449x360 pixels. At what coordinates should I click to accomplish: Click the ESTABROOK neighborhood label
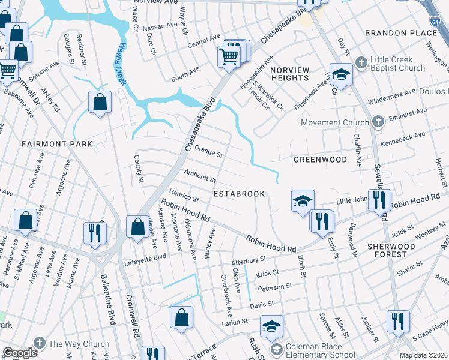(240, 194)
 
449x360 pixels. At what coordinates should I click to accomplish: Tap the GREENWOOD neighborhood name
(320, 160)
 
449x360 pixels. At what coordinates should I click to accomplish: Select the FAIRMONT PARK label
(57, 144)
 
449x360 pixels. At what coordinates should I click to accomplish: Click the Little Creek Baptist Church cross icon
(361, 62)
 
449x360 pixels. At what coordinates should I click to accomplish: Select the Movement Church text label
(335, 122)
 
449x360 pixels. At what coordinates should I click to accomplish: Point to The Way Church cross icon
(39, 344)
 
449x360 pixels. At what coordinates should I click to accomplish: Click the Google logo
(20, 353)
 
